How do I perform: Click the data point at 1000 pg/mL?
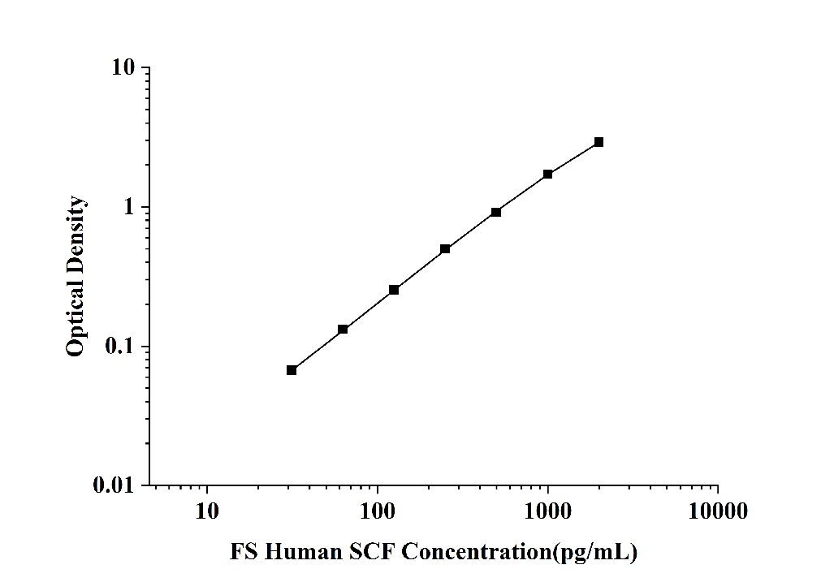pyautogui.click(x=548, y=174)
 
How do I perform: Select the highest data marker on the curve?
pyautogui.click(x=598, y=142)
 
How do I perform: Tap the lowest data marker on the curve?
pyautogui.click(x=292, y=370)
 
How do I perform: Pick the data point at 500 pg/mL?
pyautogui.click(x=496, y=212)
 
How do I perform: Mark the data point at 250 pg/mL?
pyautogui.click(x=445, y=249)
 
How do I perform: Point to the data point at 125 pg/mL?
pyautogui.click(x=394, y=290)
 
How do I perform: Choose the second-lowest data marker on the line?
pyautogui.click(x=343, y=329)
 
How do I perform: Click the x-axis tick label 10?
pyautogui.click(x=207, y=512)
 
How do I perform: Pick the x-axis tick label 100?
pyautogui.click(x=378, y=512)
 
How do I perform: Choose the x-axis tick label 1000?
pyautogui.click(x=548, y=512)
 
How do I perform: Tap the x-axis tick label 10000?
pyautogui.click(x=718, y=512)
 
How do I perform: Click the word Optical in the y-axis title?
pyautogui.click(x=76, y=321)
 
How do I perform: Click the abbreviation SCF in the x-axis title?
pyautogui.click(x=375, y=553)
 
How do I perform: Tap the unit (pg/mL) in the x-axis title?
pyautogui.click(x=594, y=553)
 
